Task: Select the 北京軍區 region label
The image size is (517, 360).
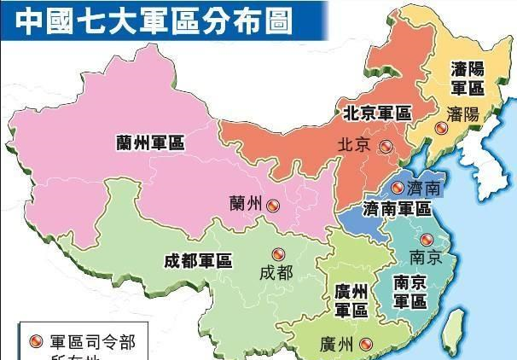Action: coord(377,113)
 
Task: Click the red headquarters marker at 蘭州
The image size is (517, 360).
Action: coord(272,205)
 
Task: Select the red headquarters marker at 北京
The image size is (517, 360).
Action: coord(386,146)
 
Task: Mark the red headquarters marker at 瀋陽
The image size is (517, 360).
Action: coord(440,129)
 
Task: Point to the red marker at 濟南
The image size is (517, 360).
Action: coord(397,187)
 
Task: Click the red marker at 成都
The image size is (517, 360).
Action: coord(276,254)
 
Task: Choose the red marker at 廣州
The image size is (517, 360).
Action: coord(366,345)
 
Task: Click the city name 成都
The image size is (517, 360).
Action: coord(276,273)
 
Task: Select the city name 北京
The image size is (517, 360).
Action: coord(353,145)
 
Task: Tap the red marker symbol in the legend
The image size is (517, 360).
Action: coord(36,342)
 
